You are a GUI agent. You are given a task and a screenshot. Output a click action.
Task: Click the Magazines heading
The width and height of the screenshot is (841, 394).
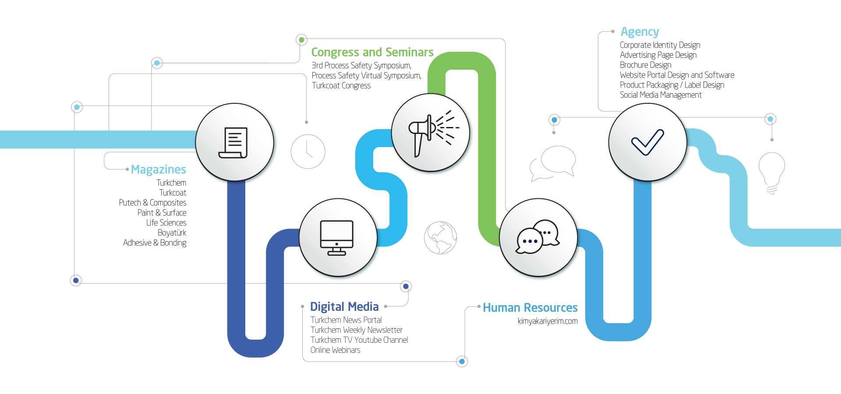(x=159, y=169)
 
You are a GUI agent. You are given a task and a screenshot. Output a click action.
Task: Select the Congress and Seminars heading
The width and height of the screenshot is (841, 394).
(x=372, y=52)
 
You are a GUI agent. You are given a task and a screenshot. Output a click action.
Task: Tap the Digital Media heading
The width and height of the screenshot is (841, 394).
(x=344, y=306)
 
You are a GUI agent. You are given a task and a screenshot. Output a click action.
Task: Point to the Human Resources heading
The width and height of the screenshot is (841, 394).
(x=530, y=308)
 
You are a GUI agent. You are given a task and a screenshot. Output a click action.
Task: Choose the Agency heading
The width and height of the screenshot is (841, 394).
(x=640, y=32)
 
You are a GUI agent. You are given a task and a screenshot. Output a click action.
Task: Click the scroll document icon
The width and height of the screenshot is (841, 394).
(x=233, y=143)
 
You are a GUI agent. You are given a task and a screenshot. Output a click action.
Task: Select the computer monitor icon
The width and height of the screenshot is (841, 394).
(x=336, y=238)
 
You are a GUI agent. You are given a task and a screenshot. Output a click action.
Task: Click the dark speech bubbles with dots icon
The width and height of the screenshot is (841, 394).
(x=537, y=236)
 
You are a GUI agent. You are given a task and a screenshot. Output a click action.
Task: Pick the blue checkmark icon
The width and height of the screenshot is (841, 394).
(x=647, y=142)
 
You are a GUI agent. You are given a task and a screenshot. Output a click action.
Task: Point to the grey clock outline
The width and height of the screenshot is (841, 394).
(x=308, y=151)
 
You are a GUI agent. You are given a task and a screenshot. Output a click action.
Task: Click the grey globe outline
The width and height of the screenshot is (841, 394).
(x=440, y=238)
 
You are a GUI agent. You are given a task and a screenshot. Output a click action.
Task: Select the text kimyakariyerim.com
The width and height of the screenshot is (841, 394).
(x=548, y=321)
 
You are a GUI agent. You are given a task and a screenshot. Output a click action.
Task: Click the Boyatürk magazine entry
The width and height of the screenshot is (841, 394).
(x=172, y=232)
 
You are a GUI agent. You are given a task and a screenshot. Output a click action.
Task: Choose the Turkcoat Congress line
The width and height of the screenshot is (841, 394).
(x=341, y=85)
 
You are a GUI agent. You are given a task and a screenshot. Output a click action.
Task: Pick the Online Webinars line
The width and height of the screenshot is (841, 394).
(x=335, y=350)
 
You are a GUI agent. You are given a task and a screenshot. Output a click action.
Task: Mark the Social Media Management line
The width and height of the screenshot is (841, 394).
(x=661, y=95)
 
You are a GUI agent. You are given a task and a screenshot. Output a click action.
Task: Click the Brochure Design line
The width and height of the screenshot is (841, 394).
(x=645, y=65)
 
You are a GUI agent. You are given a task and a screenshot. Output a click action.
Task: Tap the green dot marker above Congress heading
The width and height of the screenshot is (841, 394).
(x=301, y=40)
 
